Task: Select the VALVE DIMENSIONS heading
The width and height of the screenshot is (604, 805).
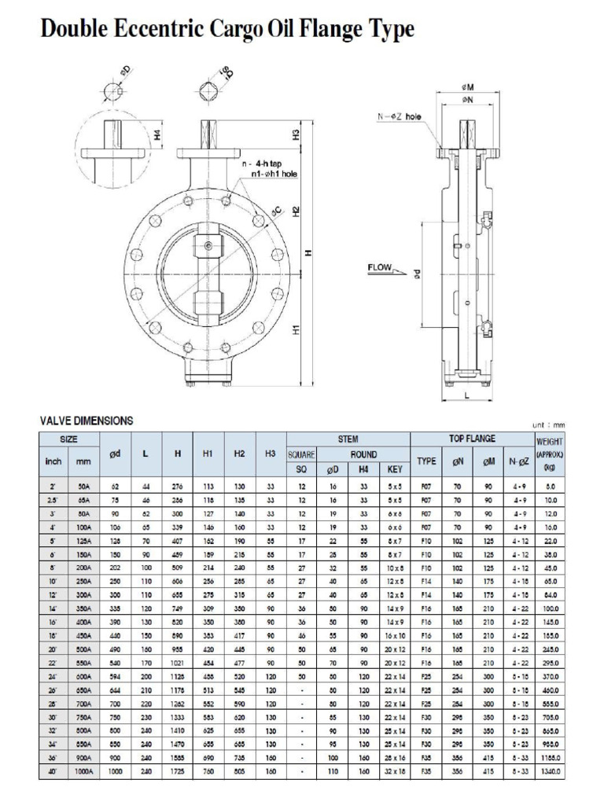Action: (86, 421)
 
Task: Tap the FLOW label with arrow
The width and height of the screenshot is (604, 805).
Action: (380, 268)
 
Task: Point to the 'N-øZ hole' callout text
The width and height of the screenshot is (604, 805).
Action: (399, 116)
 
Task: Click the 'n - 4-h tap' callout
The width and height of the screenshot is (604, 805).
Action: (264, 163)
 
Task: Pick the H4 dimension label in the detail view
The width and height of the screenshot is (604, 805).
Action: (158, 135)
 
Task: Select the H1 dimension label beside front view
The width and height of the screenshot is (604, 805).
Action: (295, 331)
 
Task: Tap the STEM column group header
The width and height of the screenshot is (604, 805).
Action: (348, 439)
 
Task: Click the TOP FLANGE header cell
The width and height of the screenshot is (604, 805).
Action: (472, 439)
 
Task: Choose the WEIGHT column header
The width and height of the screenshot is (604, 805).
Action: (550, 443)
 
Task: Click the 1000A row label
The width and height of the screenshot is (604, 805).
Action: (84, 772)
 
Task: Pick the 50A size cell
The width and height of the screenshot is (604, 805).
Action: (84, 487)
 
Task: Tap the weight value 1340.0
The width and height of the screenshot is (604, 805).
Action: (550, 772)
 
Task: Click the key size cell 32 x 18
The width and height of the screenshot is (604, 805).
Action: (394, 772)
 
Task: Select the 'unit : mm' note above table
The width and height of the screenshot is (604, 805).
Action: (548, 425)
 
